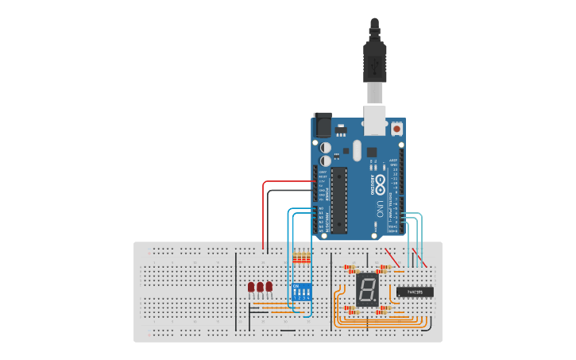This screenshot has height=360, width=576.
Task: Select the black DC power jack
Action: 323,125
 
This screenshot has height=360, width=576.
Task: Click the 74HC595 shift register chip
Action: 415,292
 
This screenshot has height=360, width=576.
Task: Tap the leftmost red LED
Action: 251,286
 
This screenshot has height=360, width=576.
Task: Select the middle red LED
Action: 260,286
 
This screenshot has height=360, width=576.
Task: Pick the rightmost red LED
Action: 269,286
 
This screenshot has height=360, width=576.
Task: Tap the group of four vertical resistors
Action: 302,257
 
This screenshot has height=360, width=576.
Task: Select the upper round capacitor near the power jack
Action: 326,148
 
